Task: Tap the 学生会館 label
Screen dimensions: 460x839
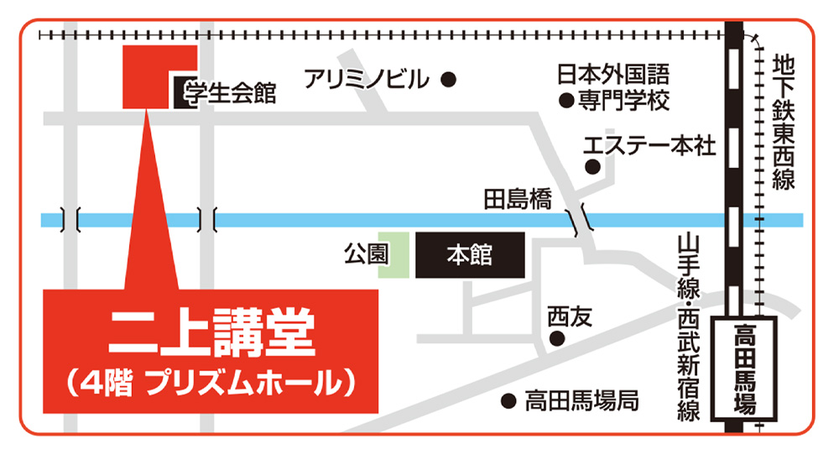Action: point(230,91)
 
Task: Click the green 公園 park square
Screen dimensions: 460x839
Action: point(393,254)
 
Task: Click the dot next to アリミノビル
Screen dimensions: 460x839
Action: point(449,80)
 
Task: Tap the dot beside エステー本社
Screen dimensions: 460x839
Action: point(592,165)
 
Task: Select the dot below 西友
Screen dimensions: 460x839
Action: point(555,339)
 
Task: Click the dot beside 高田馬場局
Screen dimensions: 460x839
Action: point(507,400)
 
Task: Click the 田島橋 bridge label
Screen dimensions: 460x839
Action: point(518,200)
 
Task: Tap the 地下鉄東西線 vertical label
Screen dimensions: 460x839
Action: point(783,122)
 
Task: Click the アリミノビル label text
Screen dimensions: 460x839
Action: point(367,80)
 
